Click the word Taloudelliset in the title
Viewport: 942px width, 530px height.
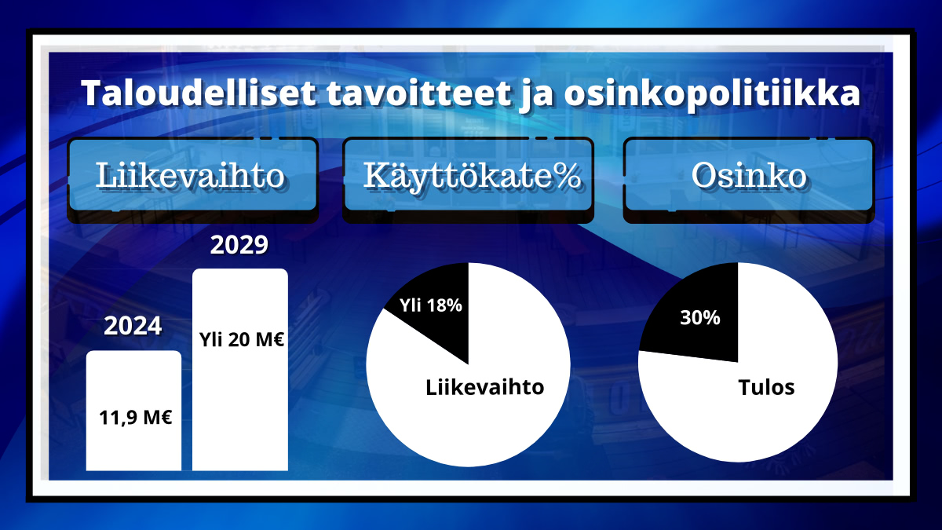pos(199,93)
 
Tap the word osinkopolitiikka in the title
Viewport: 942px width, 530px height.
pos(712,93)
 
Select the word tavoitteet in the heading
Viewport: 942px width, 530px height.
pos(419,93)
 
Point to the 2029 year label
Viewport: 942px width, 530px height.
pos(239,244)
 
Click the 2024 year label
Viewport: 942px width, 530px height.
pos(133,326)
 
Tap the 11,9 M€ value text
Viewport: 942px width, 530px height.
pos(135,418)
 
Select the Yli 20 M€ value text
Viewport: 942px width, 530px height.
pos(242,339)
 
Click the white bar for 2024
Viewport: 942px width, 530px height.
pos(133,411)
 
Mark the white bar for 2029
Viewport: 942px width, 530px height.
pos(240,370)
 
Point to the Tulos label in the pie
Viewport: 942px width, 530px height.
pos(766,387)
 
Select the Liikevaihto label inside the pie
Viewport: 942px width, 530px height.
pos(485,387)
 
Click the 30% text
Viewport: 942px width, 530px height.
pos(700,317)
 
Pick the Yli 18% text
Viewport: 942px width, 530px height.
pos(431,305)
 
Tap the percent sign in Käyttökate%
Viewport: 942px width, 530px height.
pos(567,175)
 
